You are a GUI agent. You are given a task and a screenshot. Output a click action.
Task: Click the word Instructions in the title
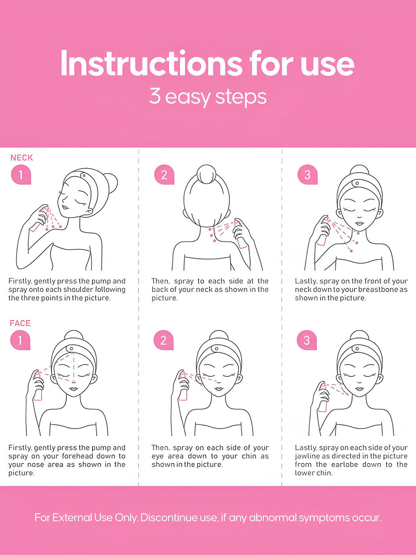[x=151, y=63]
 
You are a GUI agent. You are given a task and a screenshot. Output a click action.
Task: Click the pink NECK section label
[x=22, y=158]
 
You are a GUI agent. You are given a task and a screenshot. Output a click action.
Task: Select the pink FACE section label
[x=20, y=323]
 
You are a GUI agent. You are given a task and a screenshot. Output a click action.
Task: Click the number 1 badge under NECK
[x=21, y=174]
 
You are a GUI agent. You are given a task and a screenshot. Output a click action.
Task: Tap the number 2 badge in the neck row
[x=164, y=174]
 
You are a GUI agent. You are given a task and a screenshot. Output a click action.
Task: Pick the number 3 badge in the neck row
[x=307, y=174]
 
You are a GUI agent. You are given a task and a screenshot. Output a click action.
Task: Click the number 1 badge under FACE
[x=20, y=340]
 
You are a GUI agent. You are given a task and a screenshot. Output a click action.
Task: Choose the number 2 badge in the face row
[x=163, y=340]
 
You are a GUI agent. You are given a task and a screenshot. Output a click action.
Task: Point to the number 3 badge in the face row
[x=307, y=340]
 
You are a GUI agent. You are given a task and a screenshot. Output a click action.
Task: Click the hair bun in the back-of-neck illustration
[x=206, y=174]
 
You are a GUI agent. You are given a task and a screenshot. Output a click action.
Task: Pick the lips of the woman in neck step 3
[x=359, y=224]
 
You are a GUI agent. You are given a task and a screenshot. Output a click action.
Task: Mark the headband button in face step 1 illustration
[x=71, y=349]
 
